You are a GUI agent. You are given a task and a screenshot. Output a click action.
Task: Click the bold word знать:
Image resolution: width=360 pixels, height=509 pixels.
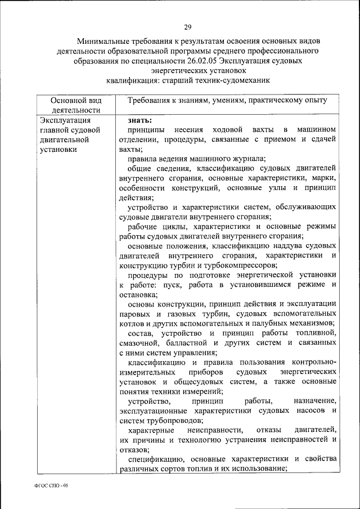click(139, 119)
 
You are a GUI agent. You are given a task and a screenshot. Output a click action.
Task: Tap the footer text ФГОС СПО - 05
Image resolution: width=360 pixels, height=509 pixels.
click(52, 485)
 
